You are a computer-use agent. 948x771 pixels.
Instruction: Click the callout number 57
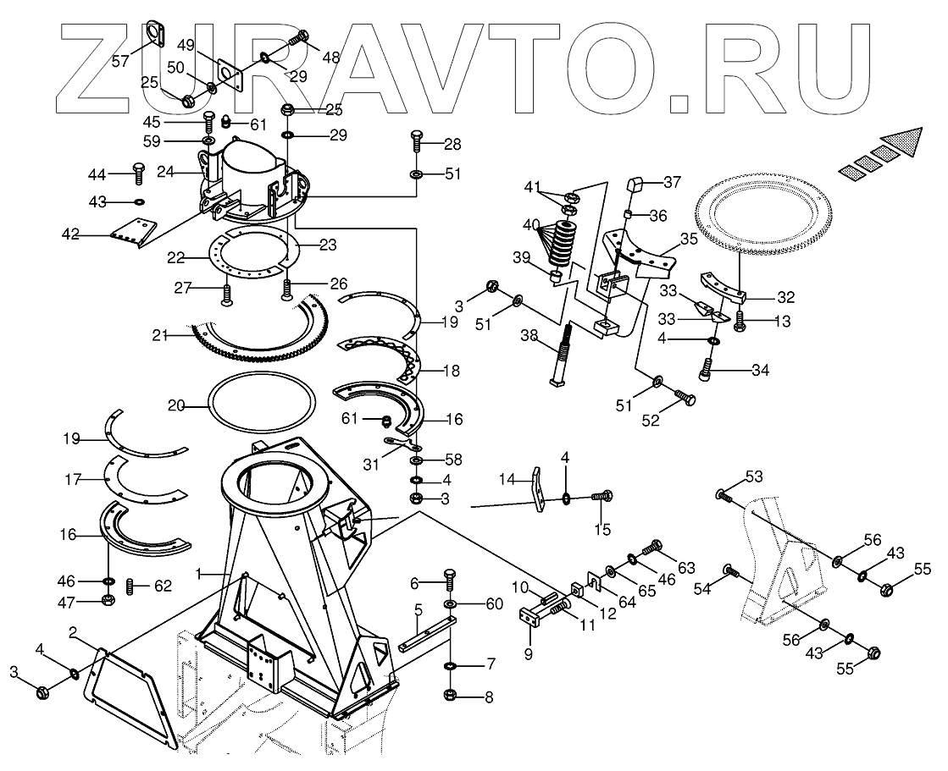pyautogui.click(x=121, y=60)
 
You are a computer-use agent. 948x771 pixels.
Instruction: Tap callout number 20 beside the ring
pyautogui.click(x=176, y=406)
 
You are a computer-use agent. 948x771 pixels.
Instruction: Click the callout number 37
pyautogui.click(x=672, y=183)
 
